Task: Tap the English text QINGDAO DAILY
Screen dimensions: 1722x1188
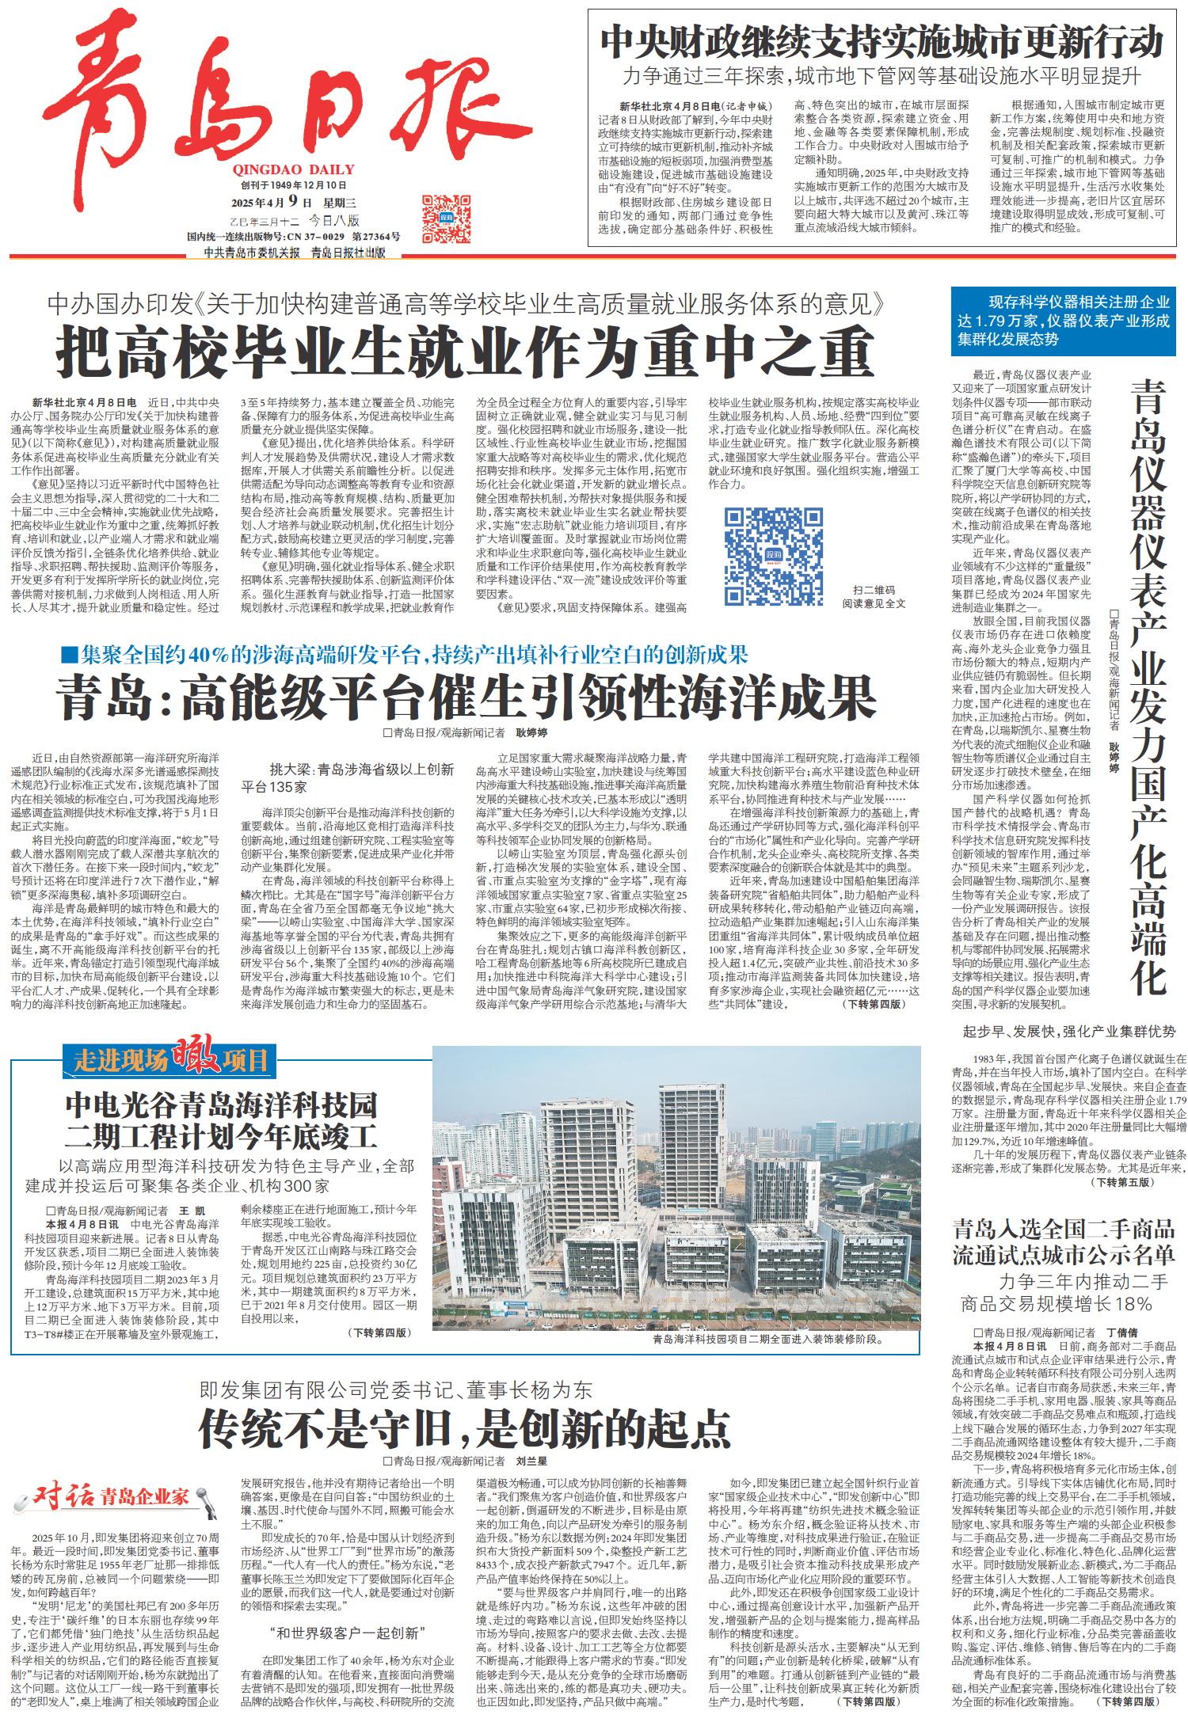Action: coord(294,169)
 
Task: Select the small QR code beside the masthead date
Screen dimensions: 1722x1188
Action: coord(440,219)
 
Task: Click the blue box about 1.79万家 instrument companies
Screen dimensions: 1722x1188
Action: coord(1063,321)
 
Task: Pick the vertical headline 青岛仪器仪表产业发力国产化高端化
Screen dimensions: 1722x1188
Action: coord(1148,686)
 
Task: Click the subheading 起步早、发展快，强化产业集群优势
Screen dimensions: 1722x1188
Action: coord(1069,1031)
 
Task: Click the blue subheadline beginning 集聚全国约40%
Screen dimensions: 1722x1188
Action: coord(404,654)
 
